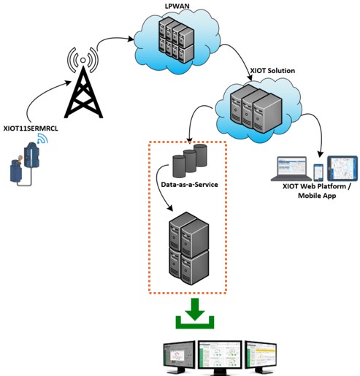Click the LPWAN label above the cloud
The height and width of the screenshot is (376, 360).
[177, 6]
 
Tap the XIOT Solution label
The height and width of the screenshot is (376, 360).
[272, 71]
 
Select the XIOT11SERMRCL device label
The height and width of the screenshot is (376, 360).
[31, 128]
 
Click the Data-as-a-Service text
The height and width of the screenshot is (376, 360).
[189, 185]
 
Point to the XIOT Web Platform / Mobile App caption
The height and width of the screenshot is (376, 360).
[317, 191]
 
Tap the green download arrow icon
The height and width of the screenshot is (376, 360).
[195, 313]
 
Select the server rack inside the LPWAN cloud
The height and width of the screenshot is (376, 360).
[177, 41]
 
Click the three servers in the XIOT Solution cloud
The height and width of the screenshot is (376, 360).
[256, 108]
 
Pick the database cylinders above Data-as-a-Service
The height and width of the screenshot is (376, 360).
[190, 161]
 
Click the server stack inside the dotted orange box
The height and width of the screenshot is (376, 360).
[189, 248]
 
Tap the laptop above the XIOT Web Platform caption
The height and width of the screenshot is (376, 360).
[291, 169]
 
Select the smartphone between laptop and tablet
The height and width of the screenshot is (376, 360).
[318, 172]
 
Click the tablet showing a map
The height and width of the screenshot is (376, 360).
[342, 169]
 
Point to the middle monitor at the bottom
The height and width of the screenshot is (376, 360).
[220, 356]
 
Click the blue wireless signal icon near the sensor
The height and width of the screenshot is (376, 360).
[42, 139]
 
